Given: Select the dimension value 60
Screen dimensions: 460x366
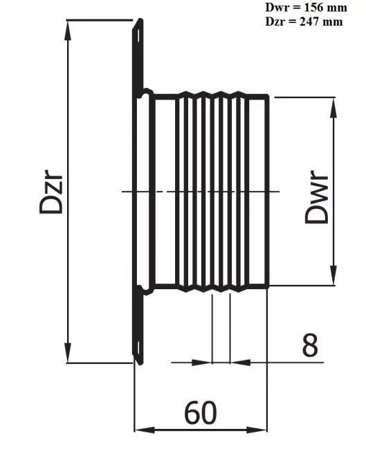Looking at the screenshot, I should (x=200, y=413).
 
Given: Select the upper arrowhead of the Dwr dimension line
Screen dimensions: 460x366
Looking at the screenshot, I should (x=333, y=104).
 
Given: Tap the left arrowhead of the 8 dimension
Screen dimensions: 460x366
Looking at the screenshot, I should (x=204, y=360).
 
